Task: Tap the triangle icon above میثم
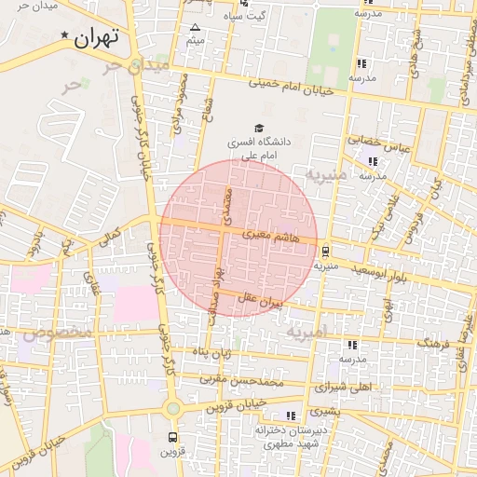tap(195, 28)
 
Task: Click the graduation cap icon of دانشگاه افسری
tap(259, 128)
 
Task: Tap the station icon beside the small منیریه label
tap(325, 251)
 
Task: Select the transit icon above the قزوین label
tap(171, 436)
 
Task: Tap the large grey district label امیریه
tap(307, 332)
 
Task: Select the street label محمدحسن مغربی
tap(243, 381)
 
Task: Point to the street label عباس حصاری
tap(379, 143)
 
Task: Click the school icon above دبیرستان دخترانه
tap(292, 416)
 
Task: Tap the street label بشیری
tap(325, 409)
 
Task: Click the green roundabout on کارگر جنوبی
tap(172, 407)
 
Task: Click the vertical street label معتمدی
tap(225, 199)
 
